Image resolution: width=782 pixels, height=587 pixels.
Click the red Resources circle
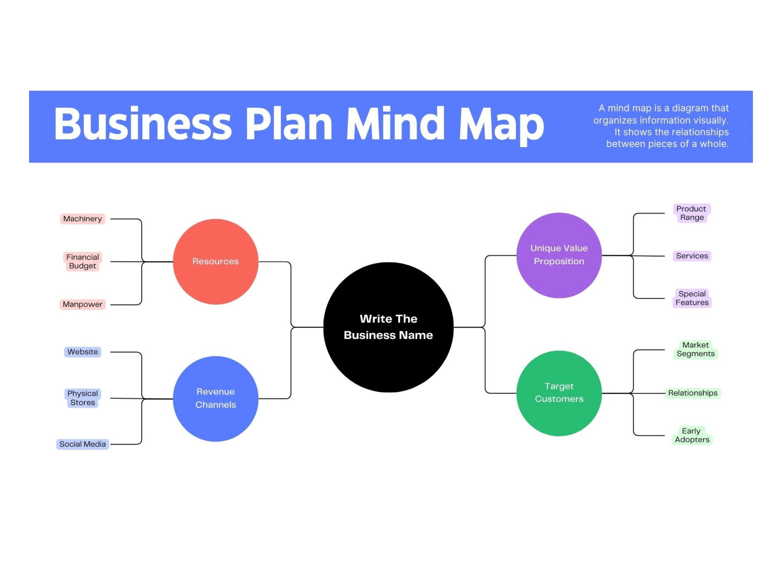[215, 262]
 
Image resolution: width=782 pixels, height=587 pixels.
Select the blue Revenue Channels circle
[215, 398]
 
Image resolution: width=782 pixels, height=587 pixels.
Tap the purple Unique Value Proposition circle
[559, 255]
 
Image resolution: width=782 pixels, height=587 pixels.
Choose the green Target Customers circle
[559, 393]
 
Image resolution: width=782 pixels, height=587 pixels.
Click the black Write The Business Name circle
[388, 327]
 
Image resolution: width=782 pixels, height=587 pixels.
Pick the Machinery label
[82, 219]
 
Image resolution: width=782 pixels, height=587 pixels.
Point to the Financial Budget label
[82, 262]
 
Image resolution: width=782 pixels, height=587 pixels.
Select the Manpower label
[82, 304]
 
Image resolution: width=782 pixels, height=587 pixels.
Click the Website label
[82, 352]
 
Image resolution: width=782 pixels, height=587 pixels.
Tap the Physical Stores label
[82, 398]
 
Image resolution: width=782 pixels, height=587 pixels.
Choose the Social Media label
[82, 444]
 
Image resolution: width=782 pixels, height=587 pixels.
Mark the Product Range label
[691, 213]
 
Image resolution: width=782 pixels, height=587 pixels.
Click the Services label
[692, 256]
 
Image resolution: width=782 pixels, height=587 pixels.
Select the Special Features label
[692, 298]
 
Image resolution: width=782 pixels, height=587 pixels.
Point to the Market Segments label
[695, 349]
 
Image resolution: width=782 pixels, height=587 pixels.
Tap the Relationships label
[693, 393]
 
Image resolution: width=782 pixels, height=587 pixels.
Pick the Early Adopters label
[692, 435]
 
